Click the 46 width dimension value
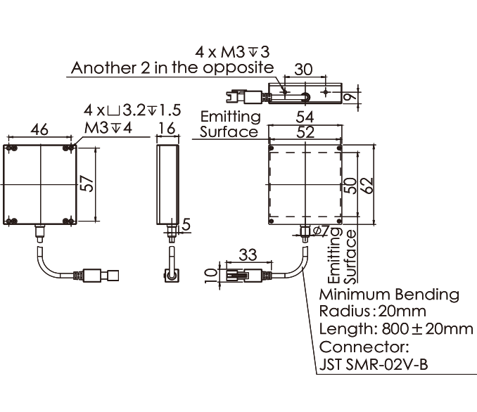(39, 129)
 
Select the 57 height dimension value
(88, 184)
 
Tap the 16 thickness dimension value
(167, 129)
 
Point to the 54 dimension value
(305, 117)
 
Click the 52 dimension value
(305, 132)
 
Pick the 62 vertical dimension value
(367, 185)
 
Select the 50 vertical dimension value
(350, 186)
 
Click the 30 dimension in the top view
(303, 70)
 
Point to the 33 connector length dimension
(248, 255)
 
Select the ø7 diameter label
(321, 231)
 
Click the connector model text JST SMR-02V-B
(374, 364)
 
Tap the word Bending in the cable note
(427, 295)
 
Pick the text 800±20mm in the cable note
(427, 329)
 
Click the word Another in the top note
(103, 67)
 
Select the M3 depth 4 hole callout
(108, 128)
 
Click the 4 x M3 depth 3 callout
(232, 52)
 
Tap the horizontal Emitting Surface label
(230, 124)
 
